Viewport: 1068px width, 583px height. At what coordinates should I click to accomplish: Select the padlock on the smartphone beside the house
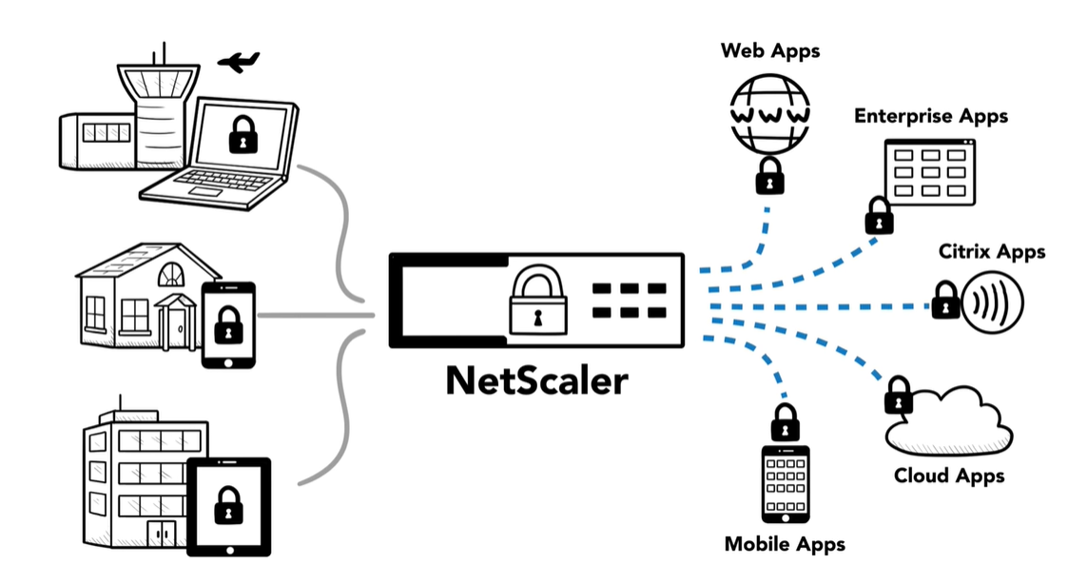[228, 329]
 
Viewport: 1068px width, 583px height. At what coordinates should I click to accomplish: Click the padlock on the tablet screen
[228, 505]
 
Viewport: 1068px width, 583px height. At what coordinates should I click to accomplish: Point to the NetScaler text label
[536, 380]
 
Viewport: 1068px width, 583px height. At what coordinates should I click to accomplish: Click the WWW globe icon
[770, 114]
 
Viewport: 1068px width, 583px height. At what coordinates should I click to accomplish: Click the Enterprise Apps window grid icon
[929, 172]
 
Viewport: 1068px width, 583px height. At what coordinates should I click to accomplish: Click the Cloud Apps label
[949, 476]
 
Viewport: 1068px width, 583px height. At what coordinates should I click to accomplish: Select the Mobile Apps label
[785, 545]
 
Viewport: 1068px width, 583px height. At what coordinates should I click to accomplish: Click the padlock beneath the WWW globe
[769, 175]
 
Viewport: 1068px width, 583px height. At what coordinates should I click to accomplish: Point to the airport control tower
[157, 105]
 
